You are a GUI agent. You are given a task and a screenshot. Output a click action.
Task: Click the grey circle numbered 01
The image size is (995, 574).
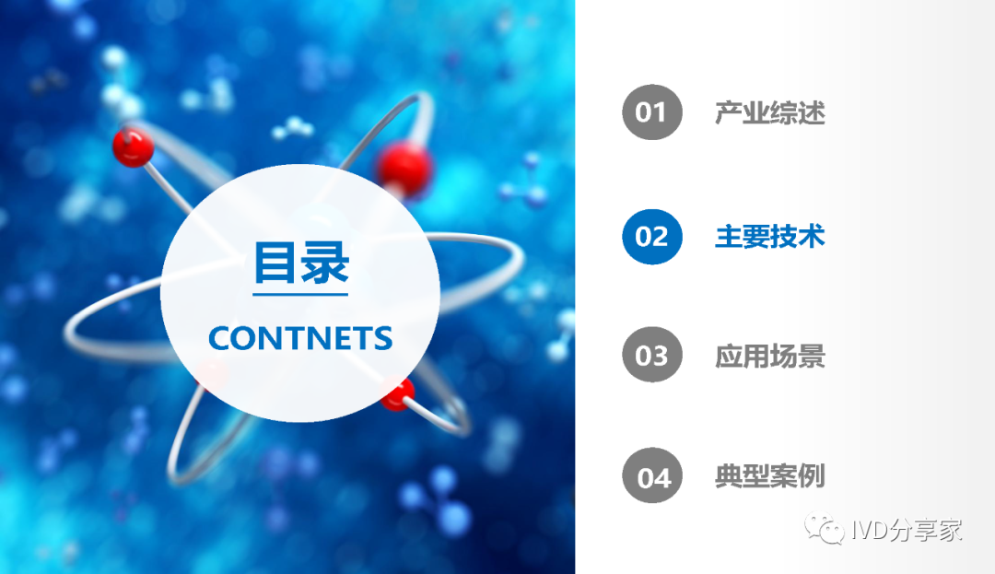651,112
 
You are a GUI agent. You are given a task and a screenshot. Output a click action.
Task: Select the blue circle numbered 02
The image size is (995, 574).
651,237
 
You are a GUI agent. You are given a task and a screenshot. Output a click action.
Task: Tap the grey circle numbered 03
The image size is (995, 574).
651,355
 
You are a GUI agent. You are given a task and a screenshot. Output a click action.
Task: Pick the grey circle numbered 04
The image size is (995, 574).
651,475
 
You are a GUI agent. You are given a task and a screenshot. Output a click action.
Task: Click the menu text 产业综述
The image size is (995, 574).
769,113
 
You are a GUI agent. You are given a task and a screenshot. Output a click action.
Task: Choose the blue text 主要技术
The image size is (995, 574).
769,237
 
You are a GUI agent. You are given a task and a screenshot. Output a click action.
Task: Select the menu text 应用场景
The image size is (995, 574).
769,356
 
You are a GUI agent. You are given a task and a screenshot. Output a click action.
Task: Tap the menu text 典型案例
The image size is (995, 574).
769,475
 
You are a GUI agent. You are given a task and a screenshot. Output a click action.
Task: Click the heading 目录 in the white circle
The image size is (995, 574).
300,263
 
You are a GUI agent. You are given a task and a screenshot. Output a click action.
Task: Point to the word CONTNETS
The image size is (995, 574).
300,338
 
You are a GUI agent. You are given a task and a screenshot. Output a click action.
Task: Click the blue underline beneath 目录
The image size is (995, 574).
300,294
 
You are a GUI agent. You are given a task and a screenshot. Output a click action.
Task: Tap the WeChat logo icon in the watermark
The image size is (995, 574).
825,528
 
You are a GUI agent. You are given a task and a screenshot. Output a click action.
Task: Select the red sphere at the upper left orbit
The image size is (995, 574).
134,147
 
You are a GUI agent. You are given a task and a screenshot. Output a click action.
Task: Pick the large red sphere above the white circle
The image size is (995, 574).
404,169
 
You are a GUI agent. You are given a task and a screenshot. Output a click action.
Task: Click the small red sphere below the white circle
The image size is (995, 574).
398,393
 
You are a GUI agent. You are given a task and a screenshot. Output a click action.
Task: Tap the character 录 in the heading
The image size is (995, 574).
325,263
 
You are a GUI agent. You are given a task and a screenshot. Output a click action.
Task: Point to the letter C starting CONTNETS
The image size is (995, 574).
220,338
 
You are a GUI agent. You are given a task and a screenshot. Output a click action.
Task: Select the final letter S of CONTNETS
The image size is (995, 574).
382,338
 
